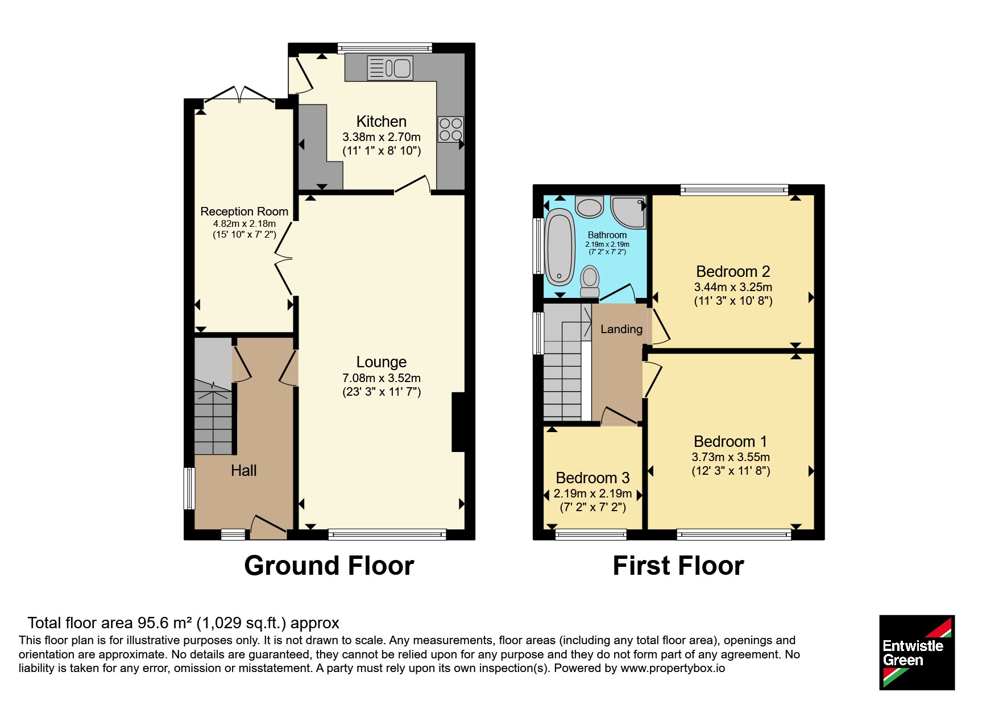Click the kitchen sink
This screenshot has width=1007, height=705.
coord(390,68)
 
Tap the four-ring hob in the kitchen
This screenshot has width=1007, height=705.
coord(450,130)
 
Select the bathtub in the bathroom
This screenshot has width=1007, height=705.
coord(560,247)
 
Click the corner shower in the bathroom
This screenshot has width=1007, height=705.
coord(629,212)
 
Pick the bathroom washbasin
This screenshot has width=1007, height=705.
coord(590,207)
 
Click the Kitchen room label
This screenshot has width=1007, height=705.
coord(382,122)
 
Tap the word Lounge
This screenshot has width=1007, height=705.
coord(382,362)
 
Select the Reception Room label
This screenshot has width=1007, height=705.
coord(245,212)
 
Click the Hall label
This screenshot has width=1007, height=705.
coord(244,471)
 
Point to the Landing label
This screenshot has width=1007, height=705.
coord(621,329)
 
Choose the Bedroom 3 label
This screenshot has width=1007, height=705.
coord(593,478)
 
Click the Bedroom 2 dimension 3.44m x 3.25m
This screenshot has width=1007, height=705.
coord(734,287)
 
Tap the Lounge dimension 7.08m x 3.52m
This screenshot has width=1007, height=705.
coord(382,378)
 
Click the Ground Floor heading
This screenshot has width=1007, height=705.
coord(329,566)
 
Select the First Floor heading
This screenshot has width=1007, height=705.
coord(678,566)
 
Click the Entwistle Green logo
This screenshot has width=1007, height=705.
coord(917,653)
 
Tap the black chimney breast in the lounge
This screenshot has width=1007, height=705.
coord(458,422)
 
